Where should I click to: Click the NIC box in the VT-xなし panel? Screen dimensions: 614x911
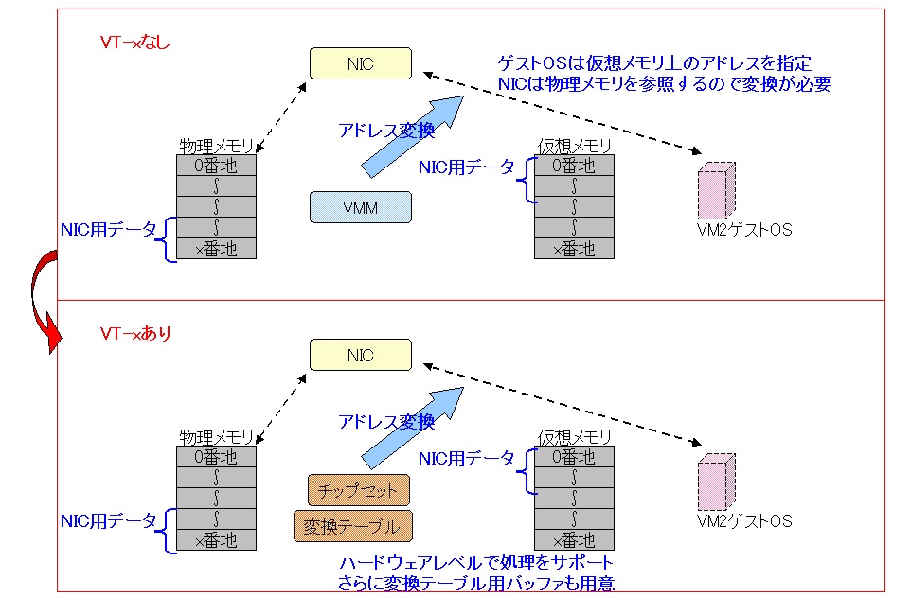(x=361, y=64)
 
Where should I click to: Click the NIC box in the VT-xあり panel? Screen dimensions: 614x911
(x=361, y=356)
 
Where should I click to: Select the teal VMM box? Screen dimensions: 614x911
(x=361, y=207)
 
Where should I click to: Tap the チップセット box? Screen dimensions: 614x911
(x=359, y=490)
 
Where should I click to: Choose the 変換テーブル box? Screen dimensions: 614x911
(x=359, y=526)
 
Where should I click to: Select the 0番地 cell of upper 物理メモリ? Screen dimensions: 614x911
(x=216, y=166)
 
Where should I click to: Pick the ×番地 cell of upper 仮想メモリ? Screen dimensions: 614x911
(x=574, y=249)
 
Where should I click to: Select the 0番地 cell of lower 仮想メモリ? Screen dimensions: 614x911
(x=574, y=457)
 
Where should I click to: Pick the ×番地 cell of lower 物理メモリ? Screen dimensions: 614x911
(x=216, y=540)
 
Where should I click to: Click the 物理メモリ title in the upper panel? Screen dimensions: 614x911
(x=216, y=147)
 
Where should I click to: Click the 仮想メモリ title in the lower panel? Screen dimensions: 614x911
(x=574, y=437)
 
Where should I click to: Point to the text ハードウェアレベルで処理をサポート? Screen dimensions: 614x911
(x=470, y=564)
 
